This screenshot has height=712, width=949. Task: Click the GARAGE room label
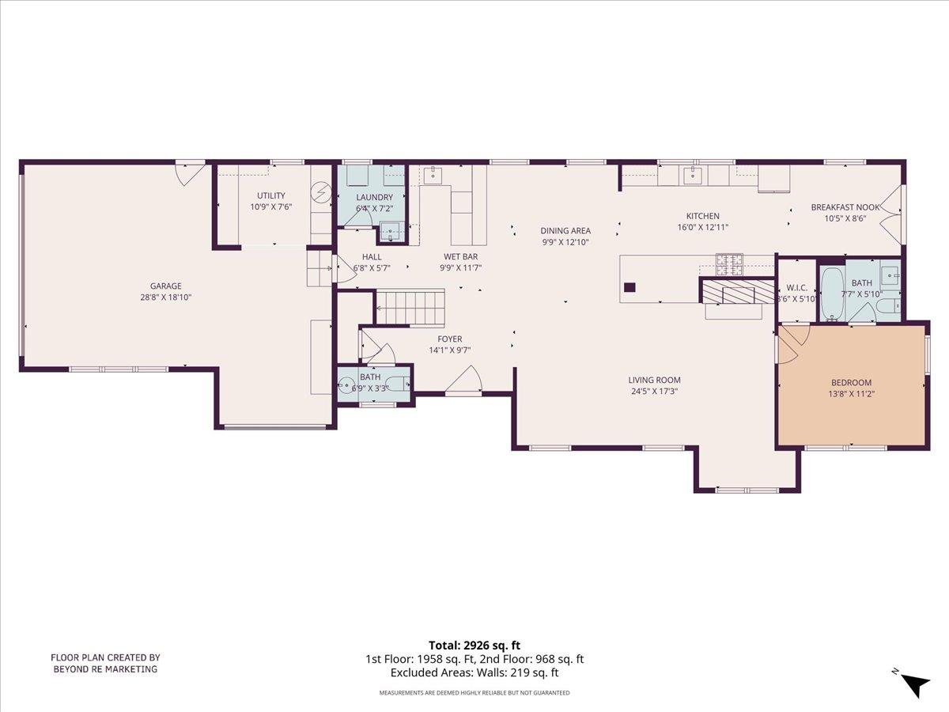click(166, 286)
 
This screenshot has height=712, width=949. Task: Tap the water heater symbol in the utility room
click(321, 192)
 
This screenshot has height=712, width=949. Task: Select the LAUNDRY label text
click(374, 197)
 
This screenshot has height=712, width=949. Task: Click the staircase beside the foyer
click(410, 307)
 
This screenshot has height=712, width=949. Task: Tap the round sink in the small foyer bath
click(346, 386)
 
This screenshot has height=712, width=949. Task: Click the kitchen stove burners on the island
click(728, 263)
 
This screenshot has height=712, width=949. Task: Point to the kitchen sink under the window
click(694, 174)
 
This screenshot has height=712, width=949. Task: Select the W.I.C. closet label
click(796, 287)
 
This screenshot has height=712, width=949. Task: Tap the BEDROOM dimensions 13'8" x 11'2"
click(851, 393)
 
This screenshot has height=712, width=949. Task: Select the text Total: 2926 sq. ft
click(475, 645)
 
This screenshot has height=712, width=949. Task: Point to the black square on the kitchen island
click(630, 288)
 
